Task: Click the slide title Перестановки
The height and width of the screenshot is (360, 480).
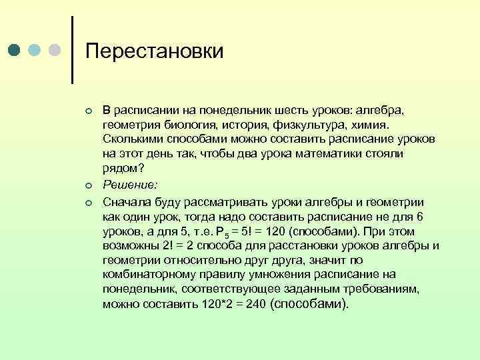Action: (x=155, y=51)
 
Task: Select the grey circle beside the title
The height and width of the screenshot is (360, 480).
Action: (x=55, y=51)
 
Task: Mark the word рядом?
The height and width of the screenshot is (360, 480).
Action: (x=119, y=168)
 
